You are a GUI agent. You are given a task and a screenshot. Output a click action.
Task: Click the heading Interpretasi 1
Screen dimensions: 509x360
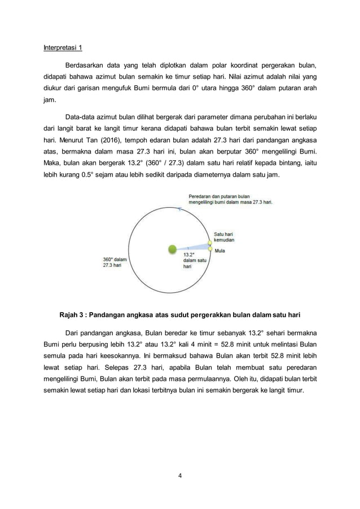63,47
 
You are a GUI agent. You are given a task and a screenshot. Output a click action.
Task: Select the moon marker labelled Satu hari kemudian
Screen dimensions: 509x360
210,242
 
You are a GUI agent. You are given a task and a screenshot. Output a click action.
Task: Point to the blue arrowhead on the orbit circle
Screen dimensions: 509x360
179,208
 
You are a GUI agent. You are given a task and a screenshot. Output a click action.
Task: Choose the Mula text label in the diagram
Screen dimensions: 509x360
220,251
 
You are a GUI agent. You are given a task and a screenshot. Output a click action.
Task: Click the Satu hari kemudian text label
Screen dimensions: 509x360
224,236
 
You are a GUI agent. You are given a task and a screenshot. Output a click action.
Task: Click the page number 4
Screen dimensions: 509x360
179,475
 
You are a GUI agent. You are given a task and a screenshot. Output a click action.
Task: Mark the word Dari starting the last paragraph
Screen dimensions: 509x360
73,332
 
